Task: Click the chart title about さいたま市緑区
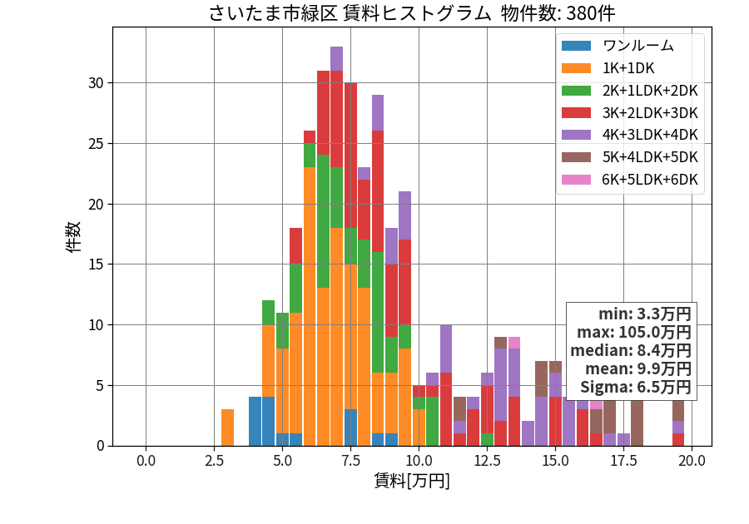(x=412, y=12)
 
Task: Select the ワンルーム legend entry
(x=618, y=46)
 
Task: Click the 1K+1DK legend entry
(x=608, y=68)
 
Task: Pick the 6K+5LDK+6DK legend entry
(x=630, y=180)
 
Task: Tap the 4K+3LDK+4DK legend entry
(x=630, y=135)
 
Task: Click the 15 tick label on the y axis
(x=96, y=264)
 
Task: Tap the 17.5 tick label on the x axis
(x=624, y=461)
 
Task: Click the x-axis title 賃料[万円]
(x=412, y=481)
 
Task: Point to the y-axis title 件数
(x=73, y=237)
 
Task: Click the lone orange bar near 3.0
(x=227, y=428)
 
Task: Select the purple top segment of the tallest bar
(x=336, y=59)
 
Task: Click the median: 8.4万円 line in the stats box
(x=631, y=350)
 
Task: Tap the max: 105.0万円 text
(x=634, y=332)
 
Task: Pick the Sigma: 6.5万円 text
(x=636, y=387)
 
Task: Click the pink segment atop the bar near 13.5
(x=514, y=343)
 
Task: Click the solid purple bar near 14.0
(x=528, y=433)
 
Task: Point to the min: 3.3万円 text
(x=645, y=314)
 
